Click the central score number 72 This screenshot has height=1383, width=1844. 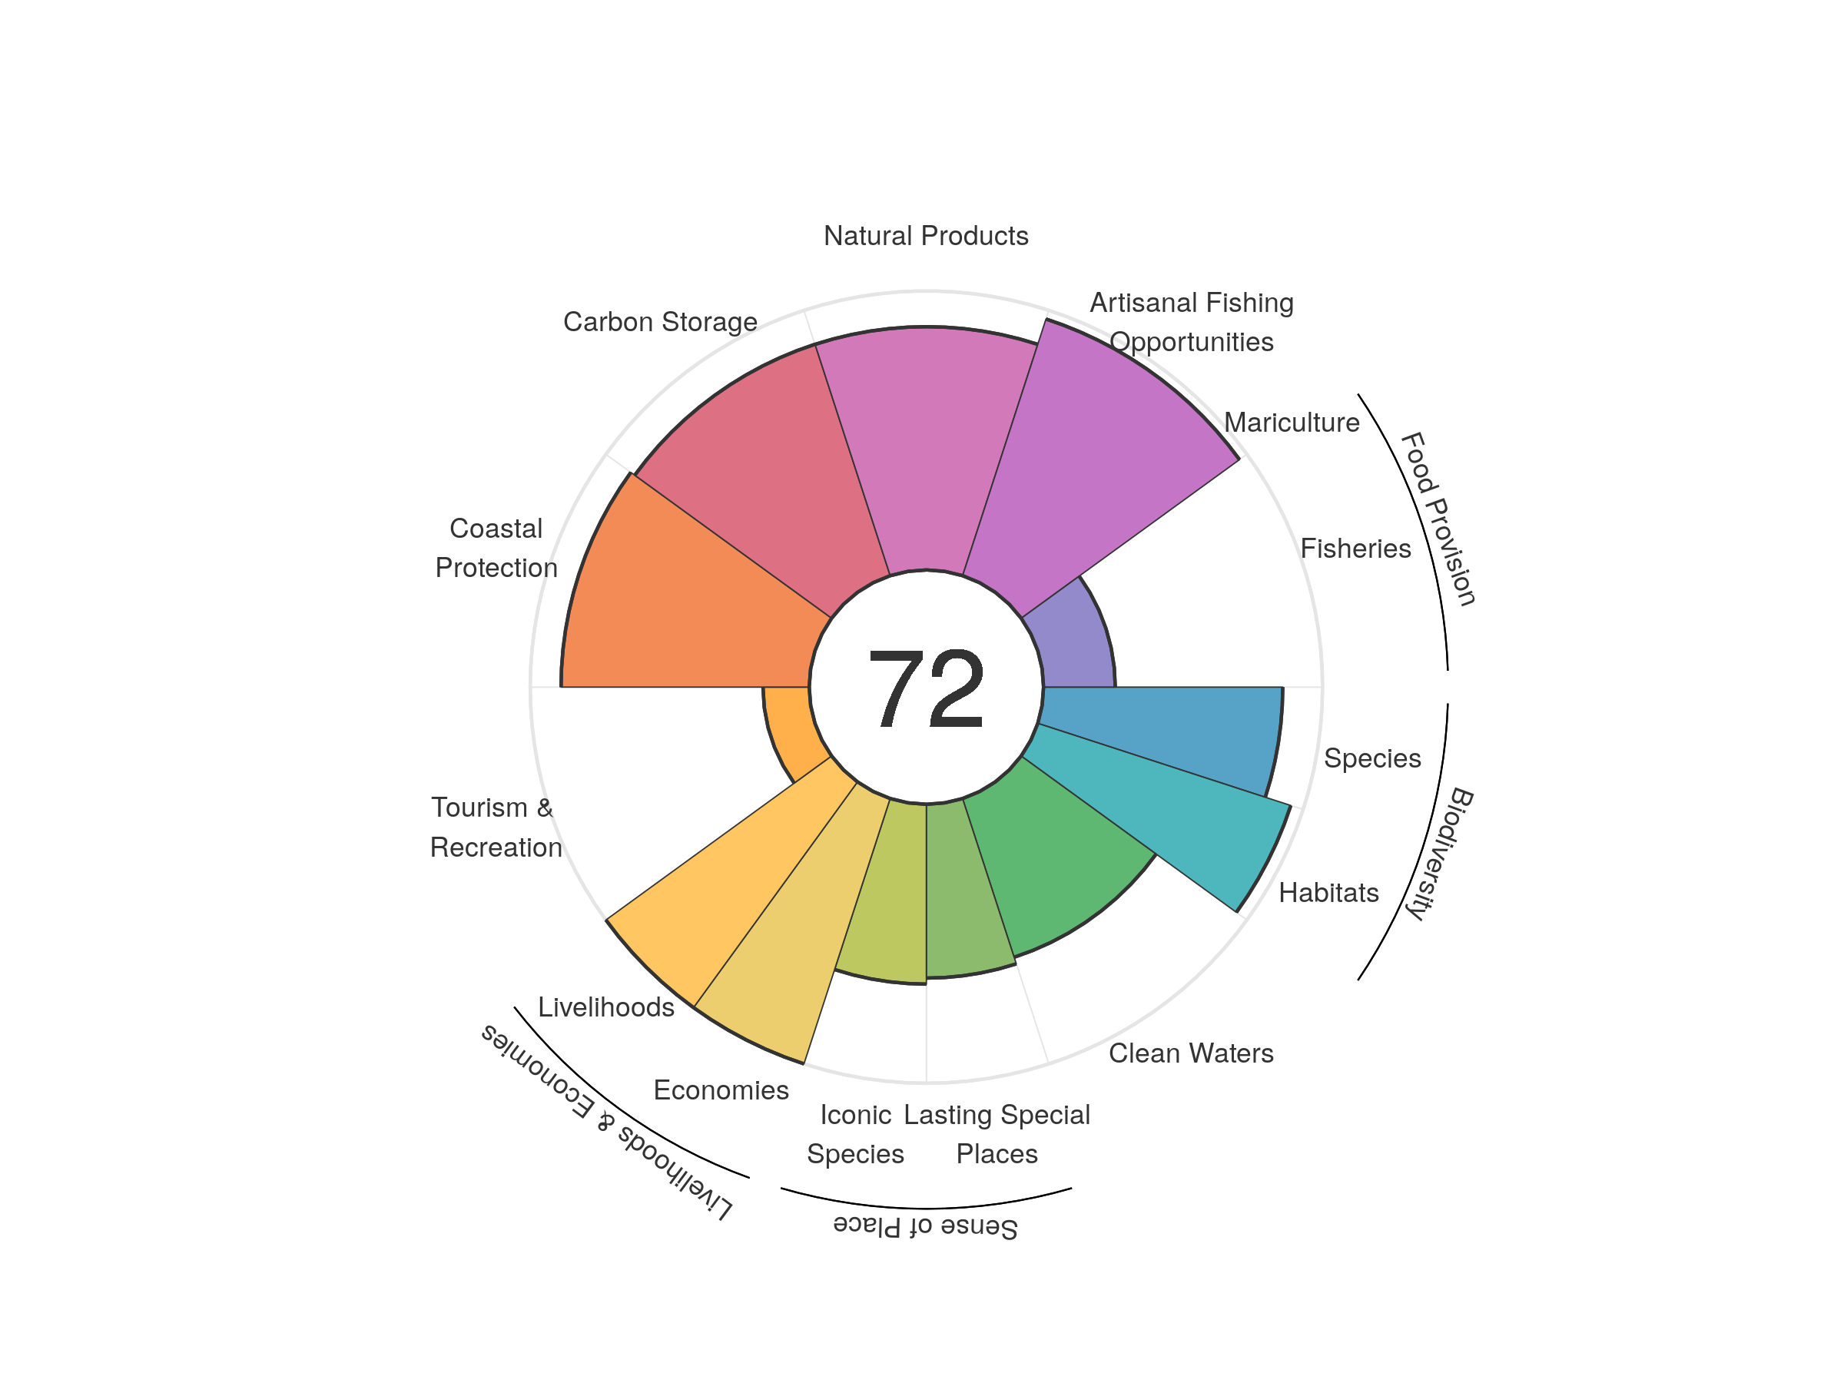point(925,688)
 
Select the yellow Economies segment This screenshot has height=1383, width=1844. point(792,942)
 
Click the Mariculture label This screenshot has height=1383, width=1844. point(1292,423)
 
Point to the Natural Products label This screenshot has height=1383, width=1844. point(925,236)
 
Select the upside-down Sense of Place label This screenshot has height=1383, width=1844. point(925,1226)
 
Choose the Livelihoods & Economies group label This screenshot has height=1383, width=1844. point(607,1121)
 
